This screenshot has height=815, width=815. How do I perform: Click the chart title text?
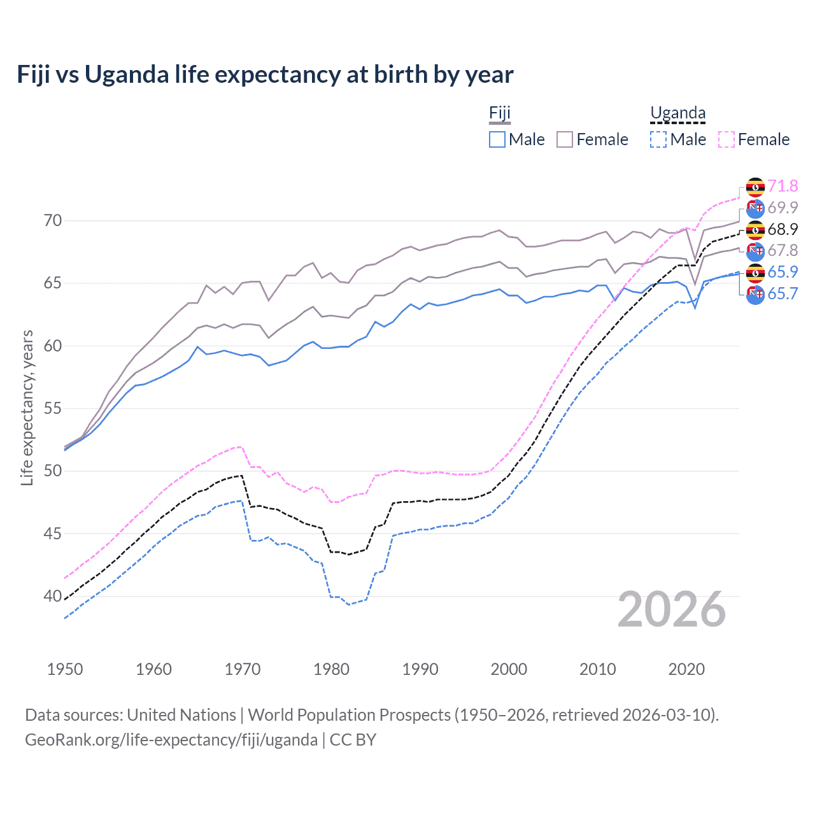265,74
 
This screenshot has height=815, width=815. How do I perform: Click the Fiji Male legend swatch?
497,139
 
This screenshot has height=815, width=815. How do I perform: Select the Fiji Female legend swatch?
565,139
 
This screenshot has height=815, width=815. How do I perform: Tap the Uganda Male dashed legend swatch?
658,139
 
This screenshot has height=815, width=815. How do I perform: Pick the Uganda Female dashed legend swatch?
726,139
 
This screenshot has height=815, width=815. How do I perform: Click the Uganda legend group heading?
677,113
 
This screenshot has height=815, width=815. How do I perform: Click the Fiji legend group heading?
500,113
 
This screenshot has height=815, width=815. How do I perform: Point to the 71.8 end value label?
783,186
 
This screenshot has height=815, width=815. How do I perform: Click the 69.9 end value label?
783,208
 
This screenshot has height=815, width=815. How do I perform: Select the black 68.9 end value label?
783,229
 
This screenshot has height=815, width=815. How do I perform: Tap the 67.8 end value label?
783,250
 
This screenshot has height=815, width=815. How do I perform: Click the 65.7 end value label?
783,294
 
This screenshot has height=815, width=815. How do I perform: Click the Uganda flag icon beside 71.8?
755,187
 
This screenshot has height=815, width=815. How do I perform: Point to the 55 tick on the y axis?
53,408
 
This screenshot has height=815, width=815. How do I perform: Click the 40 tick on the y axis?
53,596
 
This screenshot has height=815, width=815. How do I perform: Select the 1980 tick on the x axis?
331,669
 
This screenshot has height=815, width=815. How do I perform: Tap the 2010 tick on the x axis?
597,669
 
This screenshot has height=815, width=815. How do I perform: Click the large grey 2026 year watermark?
672,609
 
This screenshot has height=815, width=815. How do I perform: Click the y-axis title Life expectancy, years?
27,407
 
